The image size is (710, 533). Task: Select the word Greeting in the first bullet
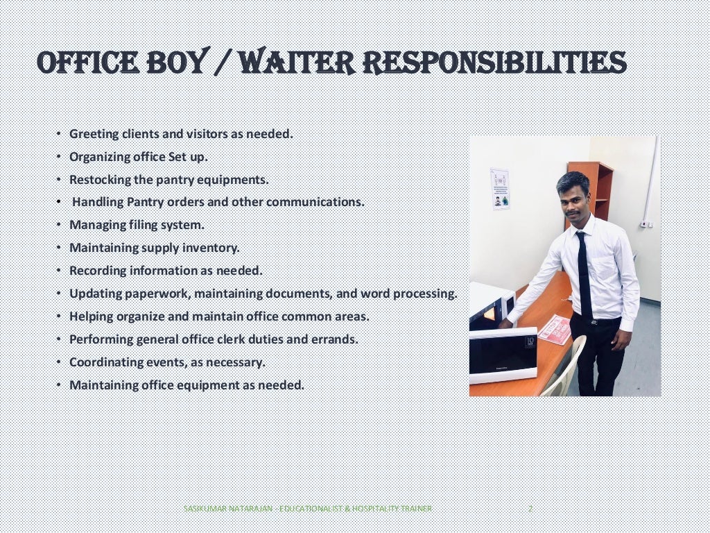94,134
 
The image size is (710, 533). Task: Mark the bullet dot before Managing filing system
59,225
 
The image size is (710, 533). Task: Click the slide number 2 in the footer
530,509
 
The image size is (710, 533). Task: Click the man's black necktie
585,273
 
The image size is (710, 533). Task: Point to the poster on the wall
500,189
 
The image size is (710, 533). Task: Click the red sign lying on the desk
555,329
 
